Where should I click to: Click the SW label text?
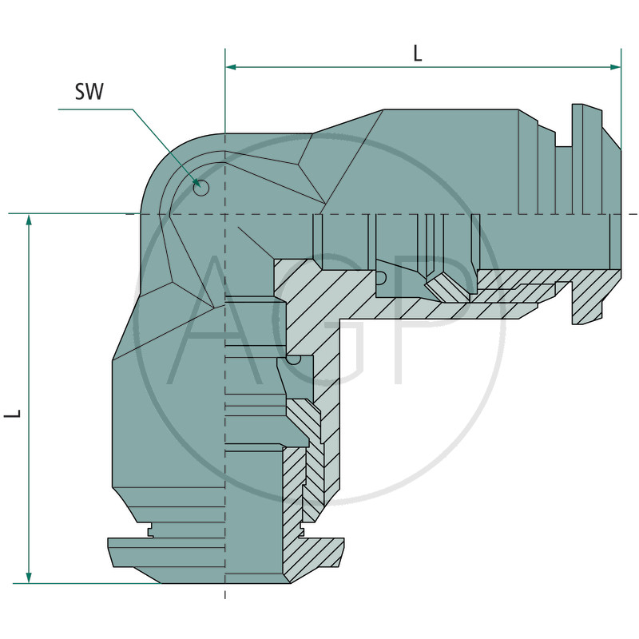click(x=89, y=91)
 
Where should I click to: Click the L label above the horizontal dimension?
click(x=417, y=54)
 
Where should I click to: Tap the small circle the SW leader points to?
click(x=201, y=188)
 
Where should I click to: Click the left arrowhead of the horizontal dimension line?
click(x=231, y=67)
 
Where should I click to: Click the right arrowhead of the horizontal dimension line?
click(x=615, y=67)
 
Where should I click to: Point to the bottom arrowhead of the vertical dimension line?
click(x=29, y=577)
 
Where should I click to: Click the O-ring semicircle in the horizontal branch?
click(x=381, y=278)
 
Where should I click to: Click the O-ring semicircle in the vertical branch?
click(x=293, y=360)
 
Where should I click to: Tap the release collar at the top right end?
click(x=587, y=159)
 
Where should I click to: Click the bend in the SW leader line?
click(x=133, y=109)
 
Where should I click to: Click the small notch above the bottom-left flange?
click(x=150, y=531)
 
